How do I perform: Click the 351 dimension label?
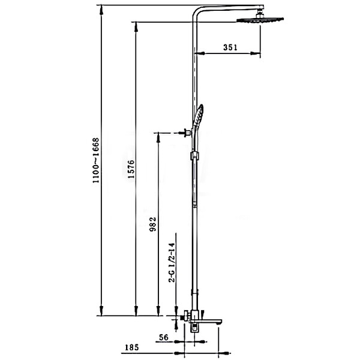pos(230,47)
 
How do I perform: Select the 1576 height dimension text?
pos(131,169)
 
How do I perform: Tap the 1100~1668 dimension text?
pos(96,160)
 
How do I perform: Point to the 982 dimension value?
pos(153,224)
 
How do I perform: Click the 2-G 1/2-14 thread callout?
pos(172,262)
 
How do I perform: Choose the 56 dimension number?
pos(164,337)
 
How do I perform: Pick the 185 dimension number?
pos(132,347)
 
